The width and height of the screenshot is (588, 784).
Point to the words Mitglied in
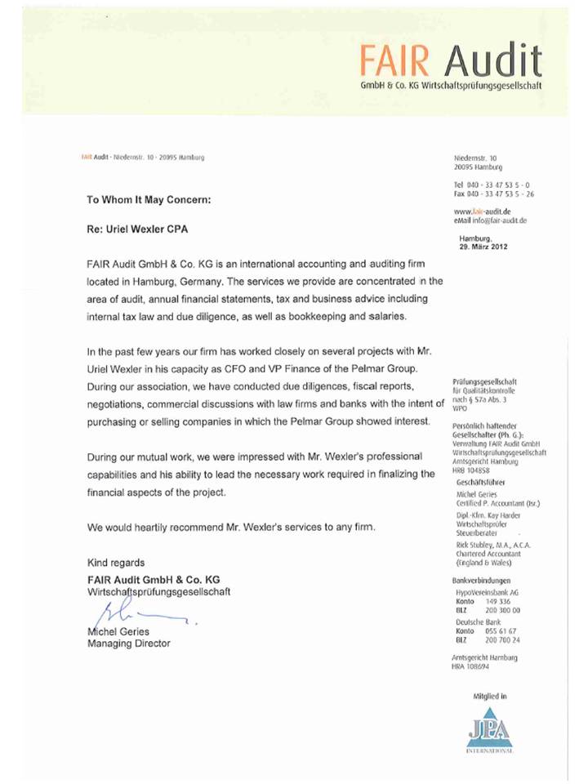[490, 697]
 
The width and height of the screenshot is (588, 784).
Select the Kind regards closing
[116, 563]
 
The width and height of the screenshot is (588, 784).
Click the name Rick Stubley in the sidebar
[477, 545]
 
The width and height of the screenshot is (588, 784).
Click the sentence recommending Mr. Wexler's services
[232, 527]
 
